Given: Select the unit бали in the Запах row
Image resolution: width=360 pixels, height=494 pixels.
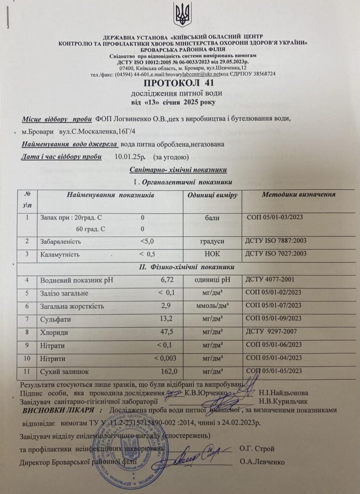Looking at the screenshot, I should click(212, 218).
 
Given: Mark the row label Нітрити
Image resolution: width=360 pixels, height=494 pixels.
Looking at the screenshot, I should click(53, 358).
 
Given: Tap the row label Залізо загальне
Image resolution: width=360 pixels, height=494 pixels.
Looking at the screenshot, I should click(65, 292).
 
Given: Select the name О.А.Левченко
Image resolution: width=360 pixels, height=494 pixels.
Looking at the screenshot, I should click(262, 461).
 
